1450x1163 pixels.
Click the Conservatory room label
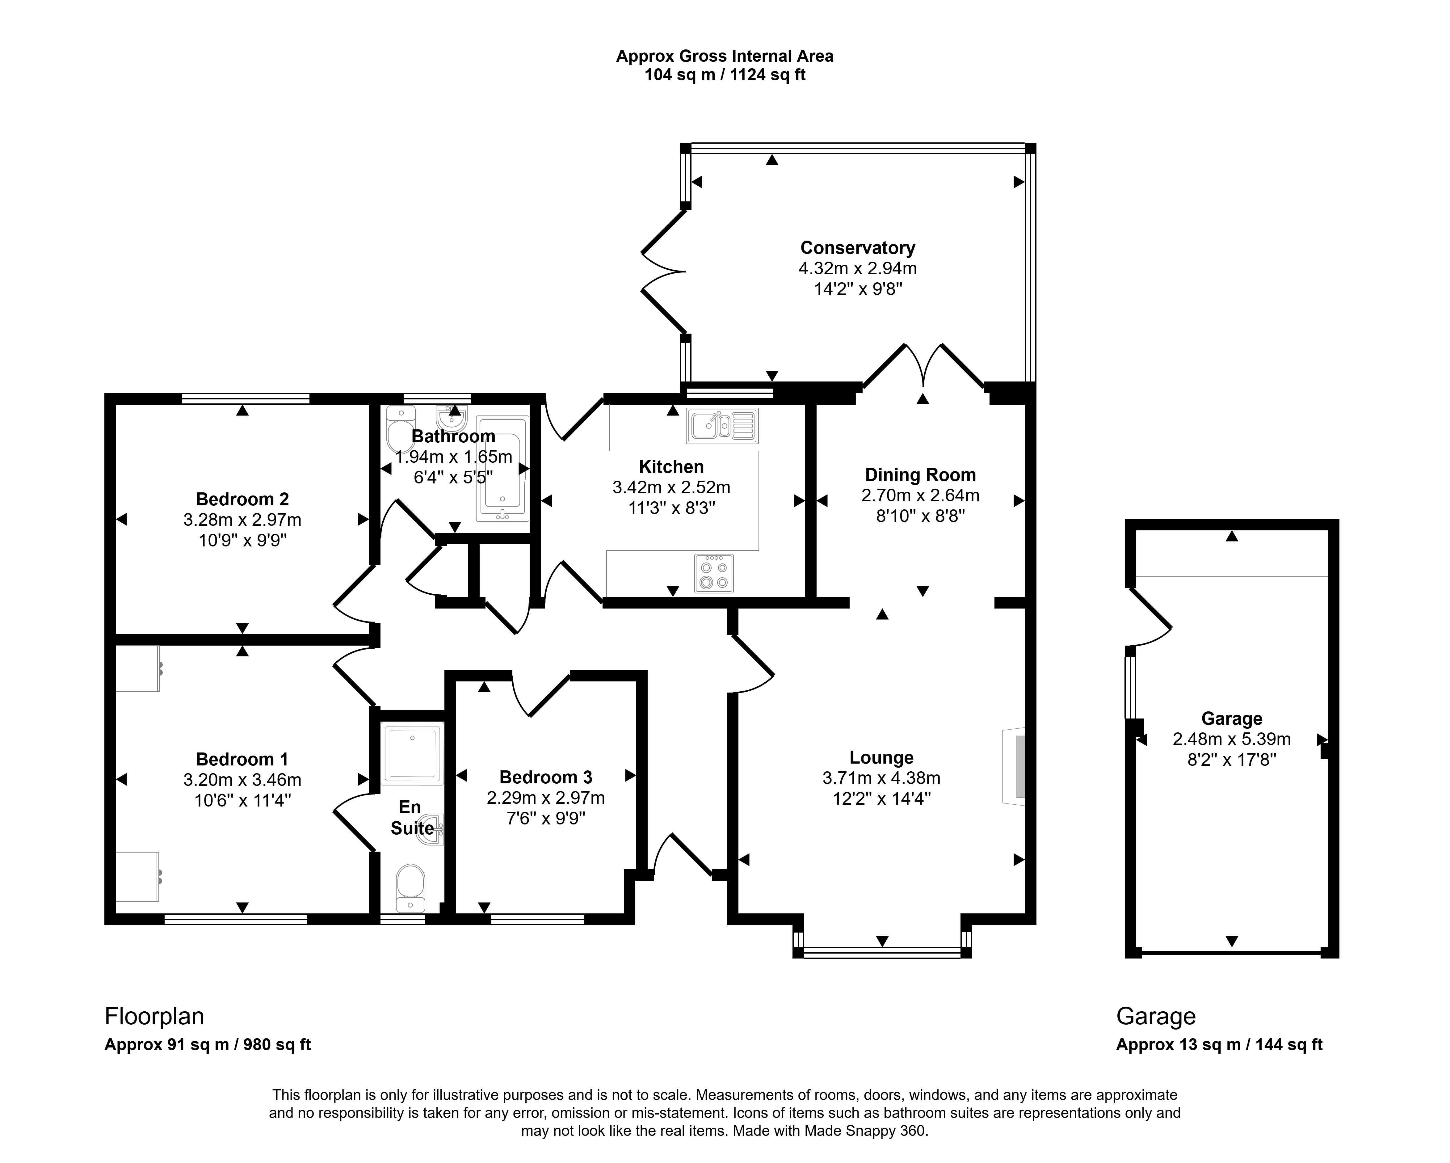click(x=857, y=248)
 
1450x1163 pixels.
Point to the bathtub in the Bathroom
click(x=502, y=468)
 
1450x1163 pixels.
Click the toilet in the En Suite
click(x=410, y=888)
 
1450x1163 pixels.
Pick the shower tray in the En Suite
click(x=412, y=753)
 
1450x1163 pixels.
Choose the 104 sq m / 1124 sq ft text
click(x=725, y=75)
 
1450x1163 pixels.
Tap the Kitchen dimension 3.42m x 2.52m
click(x=671, y=487)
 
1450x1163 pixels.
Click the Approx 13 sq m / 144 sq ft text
click(x=1219, y=1045)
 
